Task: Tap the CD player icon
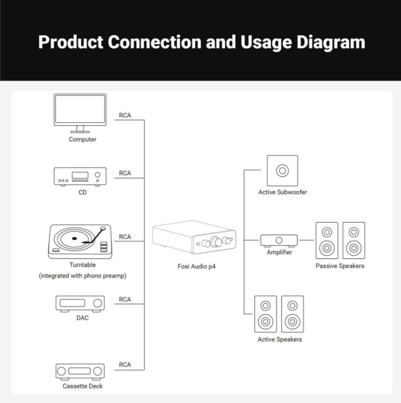click(x=80, y=176)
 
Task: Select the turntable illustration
click(x=80, y=241)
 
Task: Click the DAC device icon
click(x=80, y=303)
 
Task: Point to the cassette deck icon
click(x=80, y=371)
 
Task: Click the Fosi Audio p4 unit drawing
click(x=194, y=237)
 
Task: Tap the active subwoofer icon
click(x=282, y=170)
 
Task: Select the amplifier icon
click(x=279, y=240)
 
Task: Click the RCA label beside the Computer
click(x=125, y=115)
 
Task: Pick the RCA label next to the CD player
click(x=125, y=173)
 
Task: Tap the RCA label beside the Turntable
click(x=125, y=237)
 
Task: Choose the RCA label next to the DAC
click(x=125, y=299)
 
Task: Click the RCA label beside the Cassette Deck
click(x=125, y=365)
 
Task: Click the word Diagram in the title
click(x=331, y=42)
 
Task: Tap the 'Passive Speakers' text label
click(x=340, y=266)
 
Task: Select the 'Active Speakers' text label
click(x=280, y=339)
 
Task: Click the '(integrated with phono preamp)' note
click(x=82, y=276)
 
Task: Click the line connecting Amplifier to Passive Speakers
click(x=306, y=240)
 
